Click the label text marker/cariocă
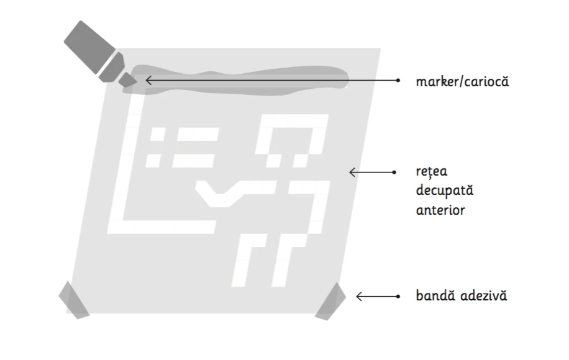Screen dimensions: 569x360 462,81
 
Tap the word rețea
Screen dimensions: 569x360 432,171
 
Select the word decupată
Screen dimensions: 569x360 445,191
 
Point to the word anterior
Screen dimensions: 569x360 440,210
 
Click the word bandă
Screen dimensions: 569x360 435,295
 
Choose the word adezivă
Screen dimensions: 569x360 484,295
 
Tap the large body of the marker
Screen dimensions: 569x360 89,47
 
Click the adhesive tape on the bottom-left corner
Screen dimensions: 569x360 74,300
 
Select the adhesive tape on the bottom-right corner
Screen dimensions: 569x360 331,302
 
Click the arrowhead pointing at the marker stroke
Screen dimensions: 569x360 148,80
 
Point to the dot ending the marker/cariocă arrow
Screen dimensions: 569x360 398,80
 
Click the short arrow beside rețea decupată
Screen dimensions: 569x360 373,172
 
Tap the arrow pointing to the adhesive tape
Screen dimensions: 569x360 378,297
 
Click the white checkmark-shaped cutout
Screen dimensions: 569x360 234,194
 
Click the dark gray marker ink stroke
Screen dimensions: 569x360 236,81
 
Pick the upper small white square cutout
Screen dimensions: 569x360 158,135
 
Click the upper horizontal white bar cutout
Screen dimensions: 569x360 198,134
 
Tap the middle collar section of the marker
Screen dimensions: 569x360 112,68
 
